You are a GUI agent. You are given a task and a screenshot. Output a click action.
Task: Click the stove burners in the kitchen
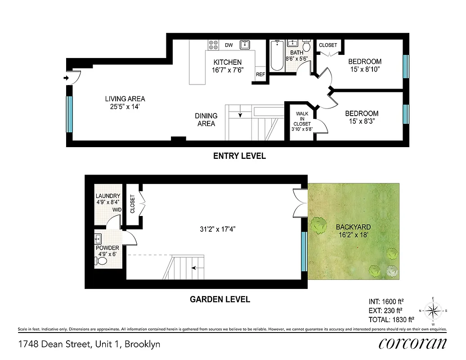click(213, 45)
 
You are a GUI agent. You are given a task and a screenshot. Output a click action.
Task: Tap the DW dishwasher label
click(229, 45)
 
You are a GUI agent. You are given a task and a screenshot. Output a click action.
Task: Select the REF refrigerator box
click(260, 74)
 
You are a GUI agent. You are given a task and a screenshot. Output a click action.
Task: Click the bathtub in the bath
click(277, 56)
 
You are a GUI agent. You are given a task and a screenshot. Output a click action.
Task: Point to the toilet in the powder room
click(103, 261)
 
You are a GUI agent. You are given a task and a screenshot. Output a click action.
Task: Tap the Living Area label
click(125, 103)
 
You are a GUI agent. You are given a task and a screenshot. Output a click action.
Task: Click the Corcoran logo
click(412, 343)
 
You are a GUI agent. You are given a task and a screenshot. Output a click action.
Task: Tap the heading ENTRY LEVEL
click(239, 156)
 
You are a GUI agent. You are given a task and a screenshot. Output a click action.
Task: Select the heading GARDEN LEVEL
click(220, 299)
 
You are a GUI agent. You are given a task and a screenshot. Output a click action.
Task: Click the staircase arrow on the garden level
click(195, 268)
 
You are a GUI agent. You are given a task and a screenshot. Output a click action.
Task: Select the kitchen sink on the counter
click(245, 45)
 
